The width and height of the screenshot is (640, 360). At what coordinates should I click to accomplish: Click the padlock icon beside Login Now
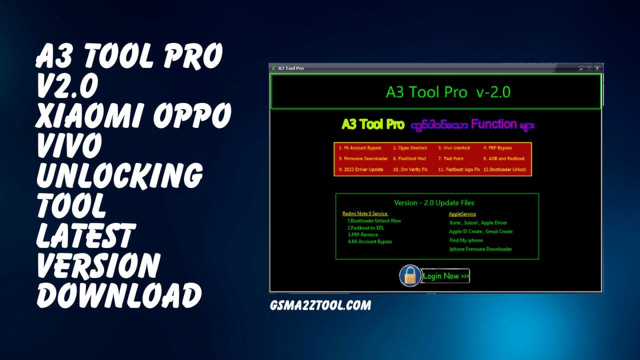(410, 275)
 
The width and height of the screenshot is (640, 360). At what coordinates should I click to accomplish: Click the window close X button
(597, 68)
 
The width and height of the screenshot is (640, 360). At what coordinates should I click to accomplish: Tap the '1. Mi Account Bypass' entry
(360, 148)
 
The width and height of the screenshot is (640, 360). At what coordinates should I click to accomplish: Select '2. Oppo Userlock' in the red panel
(409, 148)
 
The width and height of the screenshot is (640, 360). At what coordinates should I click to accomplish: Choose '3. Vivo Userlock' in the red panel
(454, 148)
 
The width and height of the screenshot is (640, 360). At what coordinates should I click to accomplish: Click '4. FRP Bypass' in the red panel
(497, 148)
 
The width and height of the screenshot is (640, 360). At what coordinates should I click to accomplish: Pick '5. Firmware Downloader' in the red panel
(363, 158)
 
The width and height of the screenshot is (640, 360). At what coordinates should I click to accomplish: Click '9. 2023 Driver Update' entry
(360, 169)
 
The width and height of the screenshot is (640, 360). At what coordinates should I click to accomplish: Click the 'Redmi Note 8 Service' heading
(365, 213)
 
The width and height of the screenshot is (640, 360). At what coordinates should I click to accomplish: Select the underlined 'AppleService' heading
(462, 214)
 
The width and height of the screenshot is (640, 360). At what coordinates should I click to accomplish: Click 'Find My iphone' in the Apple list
(466, 240)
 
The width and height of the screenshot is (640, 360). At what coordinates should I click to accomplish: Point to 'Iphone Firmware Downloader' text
(480, 249)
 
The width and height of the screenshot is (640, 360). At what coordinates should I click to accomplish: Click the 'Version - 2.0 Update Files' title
(434, 202)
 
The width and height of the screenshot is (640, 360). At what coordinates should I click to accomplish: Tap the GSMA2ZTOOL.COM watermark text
(320, 305)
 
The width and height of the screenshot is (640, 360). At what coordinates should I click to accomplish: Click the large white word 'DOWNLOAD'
(119, 295)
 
